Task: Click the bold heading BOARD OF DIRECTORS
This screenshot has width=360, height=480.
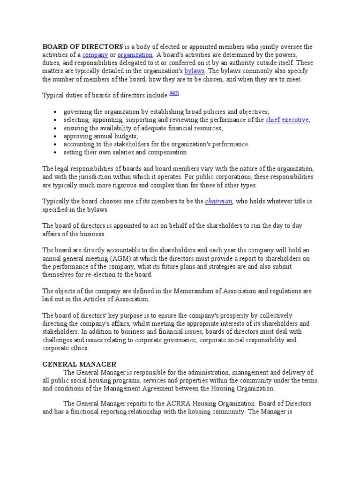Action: (83, 47)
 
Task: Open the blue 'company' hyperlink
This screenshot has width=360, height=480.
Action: (95, 55)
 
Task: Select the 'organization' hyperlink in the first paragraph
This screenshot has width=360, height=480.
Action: (135, 55)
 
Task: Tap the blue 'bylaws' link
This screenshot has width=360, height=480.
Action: (195, 71)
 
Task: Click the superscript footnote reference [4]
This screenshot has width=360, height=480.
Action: (172, 94)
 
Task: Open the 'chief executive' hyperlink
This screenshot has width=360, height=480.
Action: (287, 120)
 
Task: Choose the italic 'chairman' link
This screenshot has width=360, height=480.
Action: (218, 202)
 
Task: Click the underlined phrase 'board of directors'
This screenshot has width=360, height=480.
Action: (80, 226)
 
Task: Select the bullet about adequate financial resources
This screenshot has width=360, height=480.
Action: (143, 128)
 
